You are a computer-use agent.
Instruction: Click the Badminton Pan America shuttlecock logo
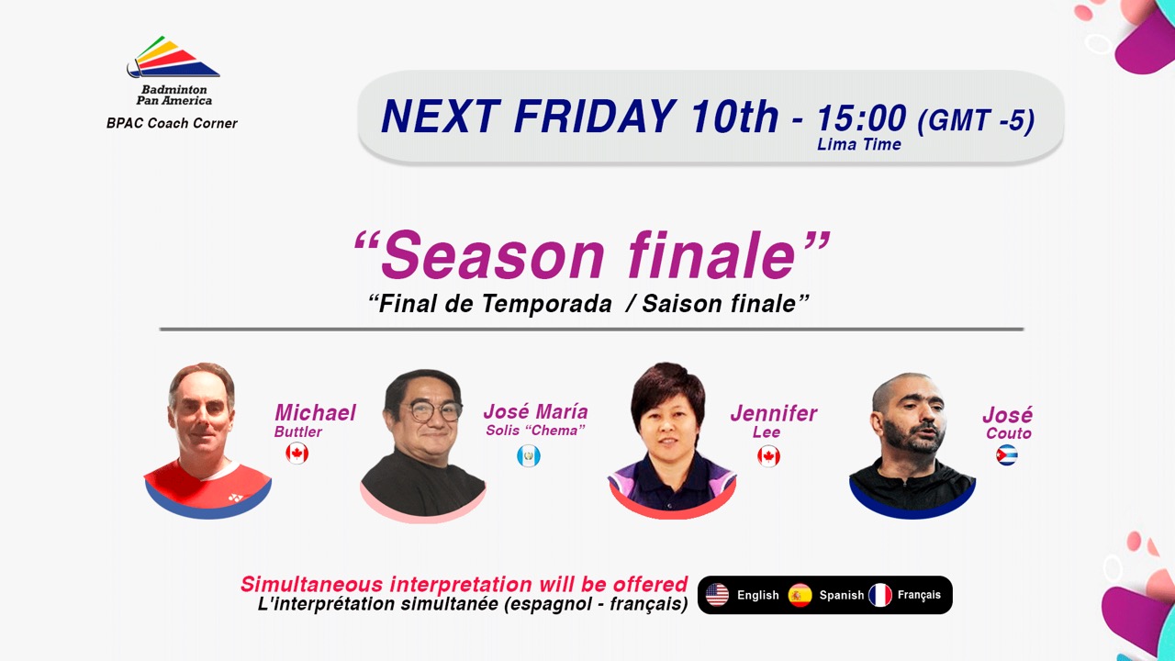click(173, 57)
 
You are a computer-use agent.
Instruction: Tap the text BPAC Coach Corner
click(172, 123)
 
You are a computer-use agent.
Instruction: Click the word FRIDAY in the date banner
click(595, 116)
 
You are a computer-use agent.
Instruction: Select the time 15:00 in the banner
click(861, 118)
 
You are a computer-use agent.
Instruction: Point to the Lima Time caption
click(858, 144)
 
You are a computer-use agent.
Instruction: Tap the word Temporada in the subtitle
click(546, 304)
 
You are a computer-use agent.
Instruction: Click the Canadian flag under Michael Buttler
click(297, 454)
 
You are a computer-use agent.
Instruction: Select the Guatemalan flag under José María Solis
click(528, 456)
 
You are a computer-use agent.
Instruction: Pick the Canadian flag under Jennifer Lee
click(768, 456)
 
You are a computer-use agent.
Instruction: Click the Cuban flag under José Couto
click(1007, 454)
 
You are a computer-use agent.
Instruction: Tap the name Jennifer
click(774, 413)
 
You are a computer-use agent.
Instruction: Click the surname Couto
click(1009, 433)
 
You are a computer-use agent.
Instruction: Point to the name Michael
click(315, 413)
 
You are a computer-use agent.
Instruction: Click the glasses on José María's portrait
click(431, 410)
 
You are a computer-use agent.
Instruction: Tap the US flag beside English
click(717, 595)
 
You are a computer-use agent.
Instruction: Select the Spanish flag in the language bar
click(800, 595)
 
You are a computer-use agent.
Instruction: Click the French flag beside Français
click(880, 595)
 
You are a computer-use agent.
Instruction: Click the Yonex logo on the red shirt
click(235, 498)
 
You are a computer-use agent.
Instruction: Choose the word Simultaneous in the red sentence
click(313, 585)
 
